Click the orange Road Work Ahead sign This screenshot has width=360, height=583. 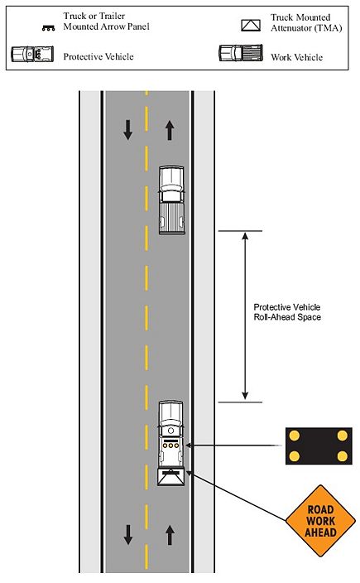coord(320,521)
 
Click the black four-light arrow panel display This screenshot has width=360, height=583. coord(319,446)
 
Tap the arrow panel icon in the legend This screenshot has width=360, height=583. coord(48,28)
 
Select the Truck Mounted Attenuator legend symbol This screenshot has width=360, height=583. coord(251,25)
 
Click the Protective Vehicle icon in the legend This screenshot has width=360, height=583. coord(32,55)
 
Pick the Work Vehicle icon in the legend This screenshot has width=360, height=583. coord(241,53)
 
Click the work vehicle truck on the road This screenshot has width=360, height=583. coord(171,200)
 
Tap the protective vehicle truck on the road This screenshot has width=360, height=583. coord(171,435)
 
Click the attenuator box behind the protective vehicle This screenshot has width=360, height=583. coord(171,477)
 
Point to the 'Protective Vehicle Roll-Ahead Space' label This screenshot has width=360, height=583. coord(287,312)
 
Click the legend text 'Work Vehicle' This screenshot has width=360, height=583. coord(296,57)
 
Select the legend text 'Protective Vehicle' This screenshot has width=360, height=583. coord(98,56)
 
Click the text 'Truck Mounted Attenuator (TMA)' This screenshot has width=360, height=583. coord(306,22)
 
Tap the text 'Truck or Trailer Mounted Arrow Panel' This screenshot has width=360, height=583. coord(106,22)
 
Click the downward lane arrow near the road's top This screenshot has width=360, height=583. coord(127,130)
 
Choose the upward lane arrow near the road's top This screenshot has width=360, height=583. coord(170,131)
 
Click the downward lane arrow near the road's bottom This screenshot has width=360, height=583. coord(128,535)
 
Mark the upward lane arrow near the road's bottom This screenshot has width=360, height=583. coord(170,535)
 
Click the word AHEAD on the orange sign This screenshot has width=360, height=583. coord(320,532)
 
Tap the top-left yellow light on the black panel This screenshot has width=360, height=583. coord(295,436)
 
